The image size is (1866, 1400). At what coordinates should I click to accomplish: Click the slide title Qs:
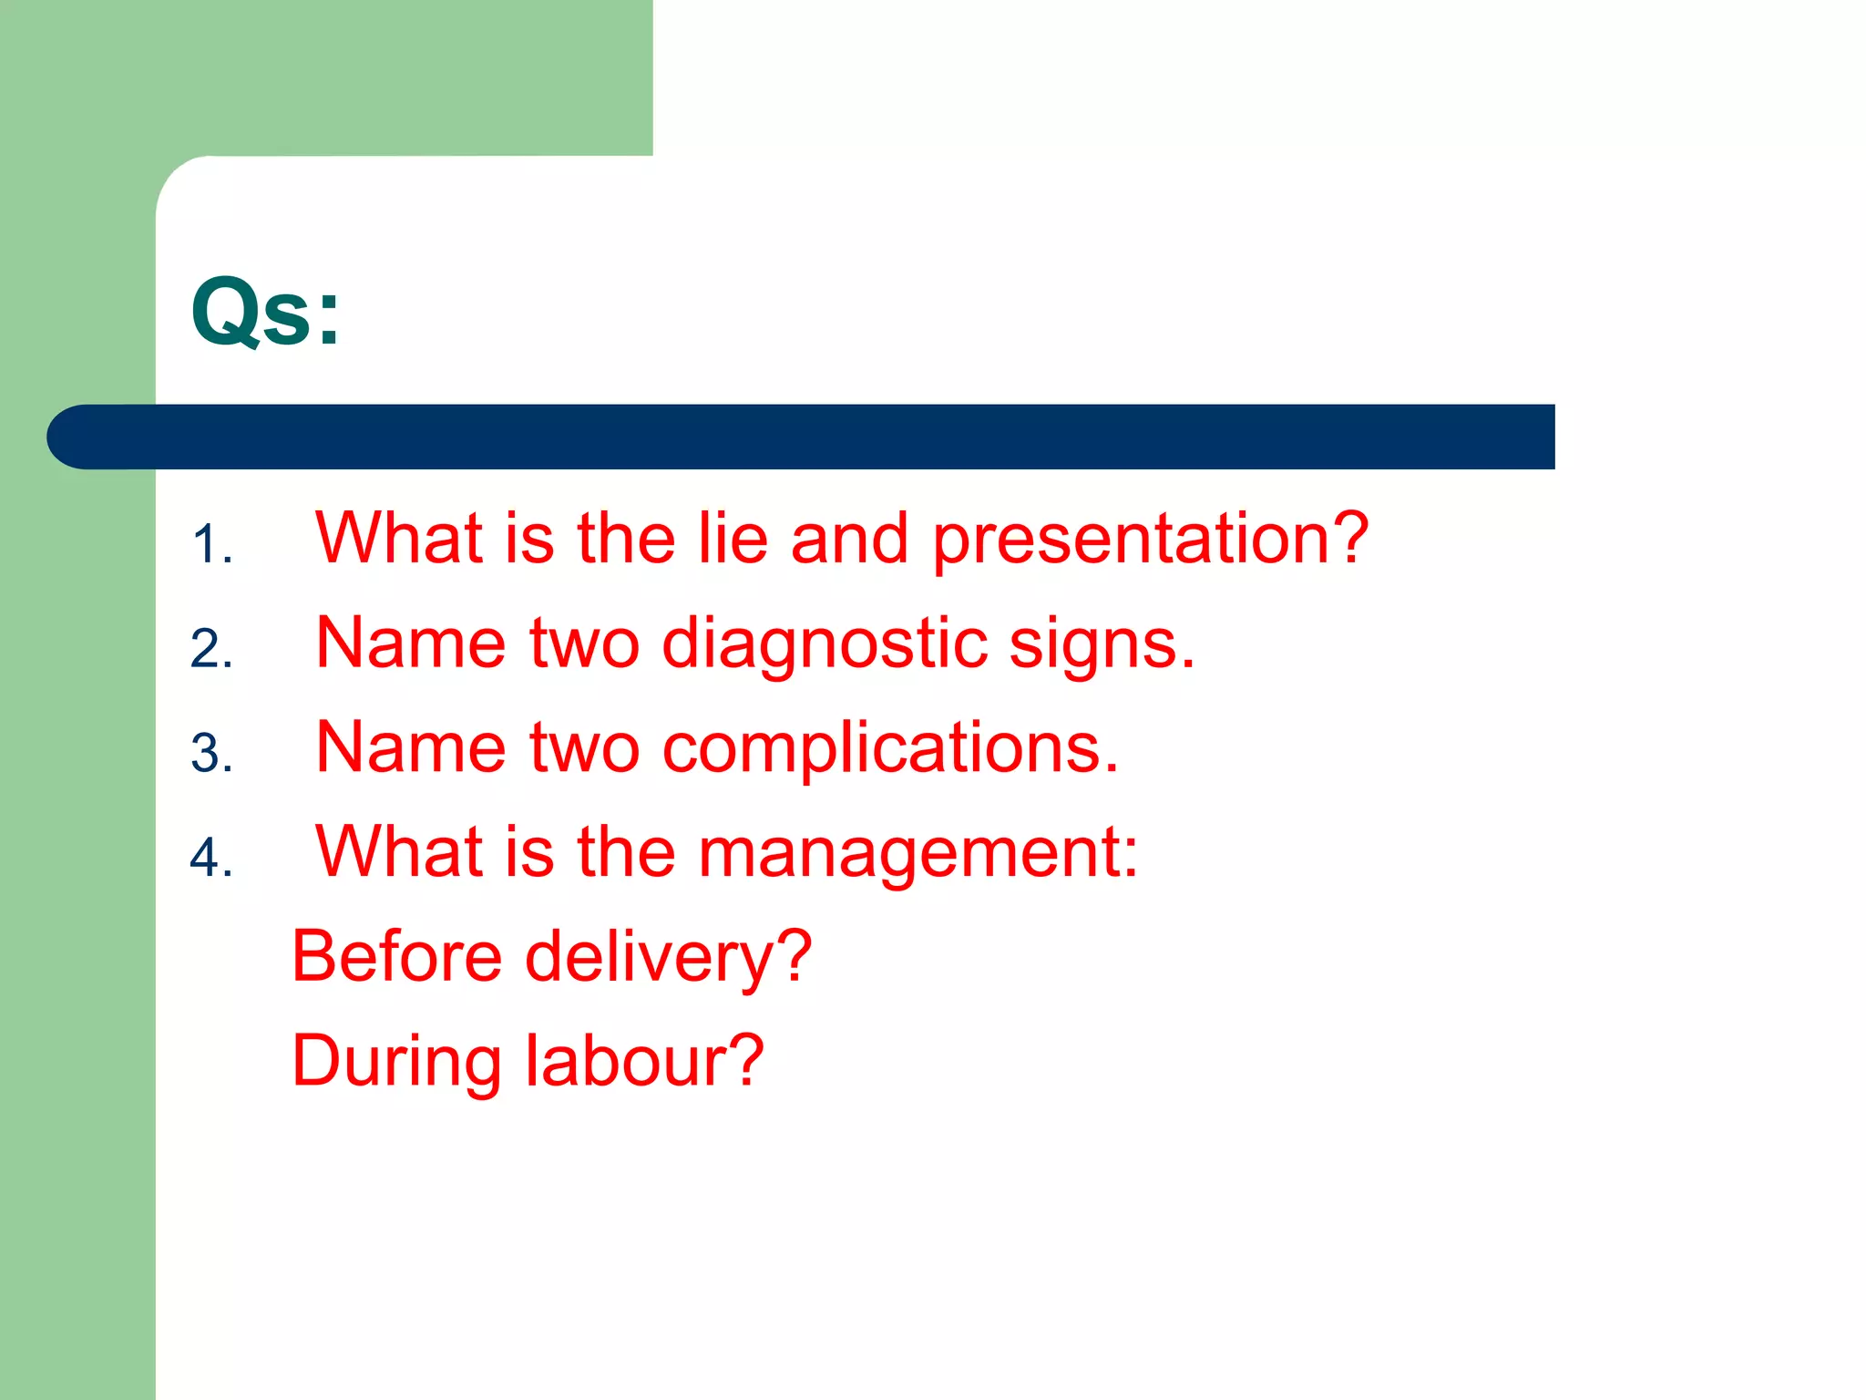(265, 313)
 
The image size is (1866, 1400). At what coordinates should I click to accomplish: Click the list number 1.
(211, 545)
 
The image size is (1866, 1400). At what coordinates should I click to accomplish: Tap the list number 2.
(211, 649)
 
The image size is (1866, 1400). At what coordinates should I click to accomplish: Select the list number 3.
(211, 754)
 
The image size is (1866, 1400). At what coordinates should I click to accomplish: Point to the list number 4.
(211, 859)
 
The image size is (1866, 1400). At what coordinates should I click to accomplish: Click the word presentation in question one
(1150, 540)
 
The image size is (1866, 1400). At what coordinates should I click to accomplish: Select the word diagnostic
(825, 643)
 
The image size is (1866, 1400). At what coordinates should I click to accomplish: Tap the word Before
(396, 956)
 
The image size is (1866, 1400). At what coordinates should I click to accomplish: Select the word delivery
(668, 957)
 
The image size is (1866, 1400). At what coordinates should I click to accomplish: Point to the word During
(396, 1062)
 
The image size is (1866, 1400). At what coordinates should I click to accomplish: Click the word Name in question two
(410, 643)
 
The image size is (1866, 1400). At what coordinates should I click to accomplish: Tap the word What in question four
(399, 851)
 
